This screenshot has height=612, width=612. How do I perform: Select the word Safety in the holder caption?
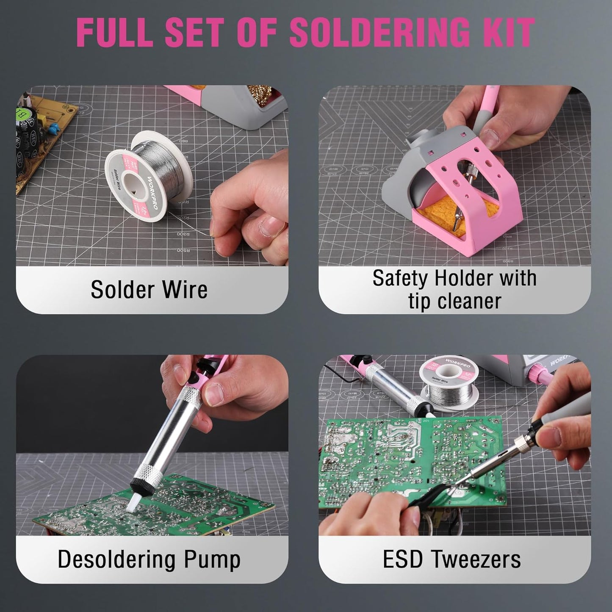tap(400, 278)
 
